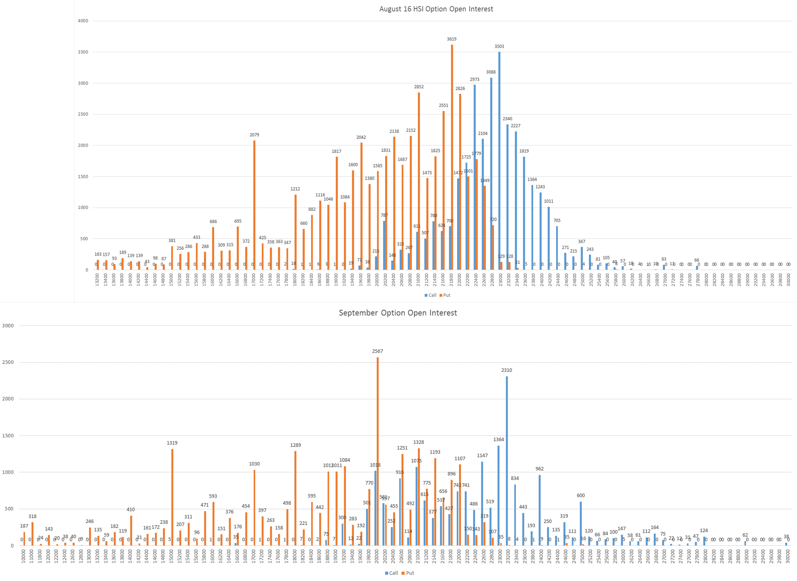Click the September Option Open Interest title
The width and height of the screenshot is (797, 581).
[x=398, y=313]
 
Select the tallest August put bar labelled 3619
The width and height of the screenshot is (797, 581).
[x=452, y=158]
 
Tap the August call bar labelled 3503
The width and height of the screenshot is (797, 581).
[x=499, y=162]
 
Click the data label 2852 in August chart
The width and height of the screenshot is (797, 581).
[x=419, y=87]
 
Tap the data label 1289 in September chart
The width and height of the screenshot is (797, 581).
[x=295, y=445]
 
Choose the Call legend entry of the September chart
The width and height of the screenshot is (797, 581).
[x=391, y=573]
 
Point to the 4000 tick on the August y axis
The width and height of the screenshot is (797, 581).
[x=83, y=21]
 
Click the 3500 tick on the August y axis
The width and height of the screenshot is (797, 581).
[x=83, y=52]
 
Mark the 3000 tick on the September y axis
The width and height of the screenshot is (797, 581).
[x=8, y=326]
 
